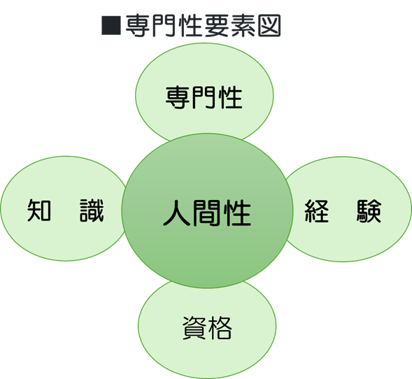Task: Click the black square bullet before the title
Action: click(x=111, y=25)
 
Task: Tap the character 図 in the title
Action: click(x=269, y=25)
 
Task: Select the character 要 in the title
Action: click(x=217, y=25)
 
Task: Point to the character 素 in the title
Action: click(x=243, y=25)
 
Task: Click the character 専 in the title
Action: click(x=137, y=25)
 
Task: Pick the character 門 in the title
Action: click(x=164, y=25)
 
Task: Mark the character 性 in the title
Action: click(x=190, y=25)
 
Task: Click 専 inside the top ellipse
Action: click(x=178, y=97)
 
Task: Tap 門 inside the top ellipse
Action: click(x=204, y=97)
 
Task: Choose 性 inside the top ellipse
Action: click(x=230, y=97)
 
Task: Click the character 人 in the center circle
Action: click(x=176, y=213)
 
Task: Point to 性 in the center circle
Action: click(x=238, y=213)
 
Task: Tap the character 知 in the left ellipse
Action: click(x=39, y=210)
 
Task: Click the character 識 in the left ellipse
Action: click(x=92, y=210)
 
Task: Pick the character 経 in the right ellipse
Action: click(x=317, y=211)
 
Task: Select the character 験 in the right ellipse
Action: click(x=369, y=211)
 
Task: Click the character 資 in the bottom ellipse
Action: click(x=194, y=327)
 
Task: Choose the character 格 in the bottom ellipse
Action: click(x=220, y=327)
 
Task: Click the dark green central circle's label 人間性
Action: click(x=207, y=213)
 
